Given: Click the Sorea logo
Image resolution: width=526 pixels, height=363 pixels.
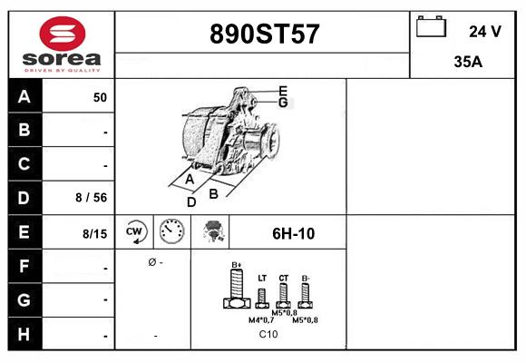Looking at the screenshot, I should (x=62, y=44).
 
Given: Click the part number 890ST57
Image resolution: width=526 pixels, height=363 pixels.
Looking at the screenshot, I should (x=264, y=34).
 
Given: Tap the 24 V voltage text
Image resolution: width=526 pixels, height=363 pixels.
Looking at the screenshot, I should (x=484, y=31).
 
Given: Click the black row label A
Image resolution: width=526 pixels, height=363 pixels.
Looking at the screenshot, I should (x=24, y=97).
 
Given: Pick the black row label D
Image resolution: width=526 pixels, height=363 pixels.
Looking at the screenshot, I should (x=24, y=198).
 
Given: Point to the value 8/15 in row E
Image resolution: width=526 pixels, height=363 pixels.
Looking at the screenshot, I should (x=95, y=233).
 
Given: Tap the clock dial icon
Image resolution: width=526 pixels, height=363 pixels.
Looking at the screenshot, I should (x=171, y=232).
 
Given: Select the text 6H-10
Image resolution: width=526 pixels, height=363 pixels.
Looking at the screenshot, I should (x=293, y=233).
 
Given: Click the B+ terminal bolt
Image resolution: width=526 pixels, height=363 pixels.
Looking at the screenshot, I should (x=236, y=289).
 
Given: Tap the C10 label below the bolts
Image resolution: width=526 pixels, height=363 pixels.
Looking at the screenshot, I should (x=268, y=335).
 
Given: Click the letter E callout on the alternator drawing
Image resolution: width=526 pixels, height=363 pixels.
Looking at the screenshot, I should (x=283, y=91).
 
